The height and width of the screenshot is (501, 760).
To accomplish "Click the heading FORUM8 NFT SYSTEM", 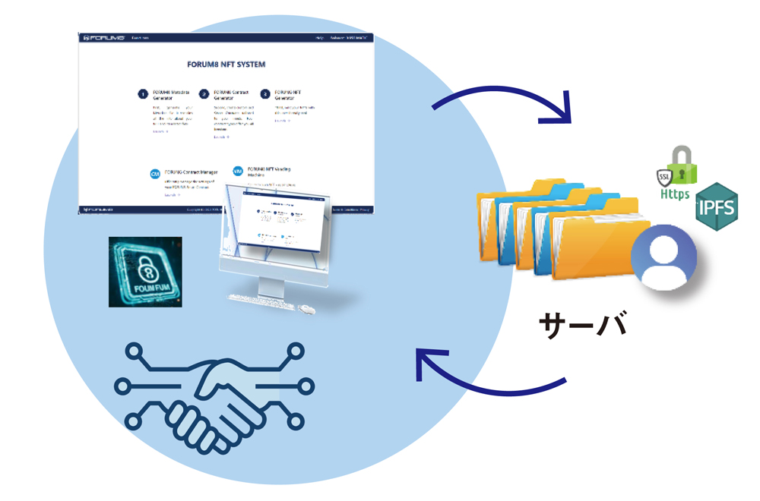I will click(x=226, y=65).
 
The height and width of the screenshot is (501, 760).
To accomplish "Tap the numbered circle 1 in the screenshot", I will click(x=142, y=94).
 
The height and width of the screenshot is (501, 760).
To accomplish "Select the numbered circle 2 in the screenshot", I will click(x=204, y=94).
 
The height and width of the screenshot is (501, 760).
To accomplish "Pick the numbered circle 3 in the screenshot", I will click(x=264, y=94).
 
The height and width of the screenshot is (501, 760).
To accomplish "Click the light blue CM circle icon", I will click(x=155, y=174).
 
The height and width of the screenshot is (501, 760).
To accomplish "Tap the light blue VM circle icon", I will click(x=238, y=172).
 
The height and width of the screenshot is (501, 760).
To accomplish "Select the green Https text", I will click(x=675, y=194).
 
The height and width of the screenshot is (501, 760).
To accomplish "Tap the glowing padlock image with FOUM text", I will click(x=145, y=271).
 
